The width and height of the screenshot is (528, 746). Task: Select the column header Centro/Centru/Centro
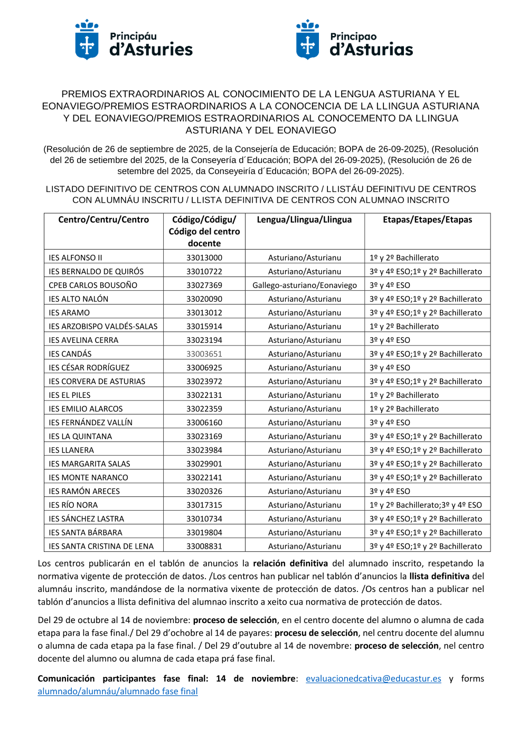103,219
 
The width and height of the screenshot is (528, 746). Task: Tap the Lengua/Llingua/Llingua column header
304,219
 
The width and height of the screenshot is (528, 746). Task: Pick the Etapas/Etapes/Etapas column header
427,219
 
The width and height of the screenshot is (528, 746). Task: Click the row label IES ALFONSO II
76,258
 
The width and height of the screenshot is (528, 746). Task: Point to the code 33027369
204,285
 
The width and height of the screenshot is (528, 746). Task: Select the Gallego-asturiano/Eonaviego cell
305,285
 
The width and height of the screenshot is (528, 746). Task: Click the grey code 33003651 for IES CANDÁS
204,354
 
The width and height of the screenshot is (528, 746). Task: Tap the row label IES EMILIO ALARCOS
86,409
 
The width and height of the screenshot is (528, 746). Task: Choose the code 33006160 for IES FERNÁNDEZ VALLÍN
204,423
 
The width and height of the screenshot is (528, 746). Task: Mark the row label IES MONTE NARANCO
88,477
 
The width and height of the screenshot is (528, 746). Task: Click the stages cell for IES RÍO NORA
426,505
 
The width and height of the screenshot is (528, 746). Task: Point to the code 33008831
204,546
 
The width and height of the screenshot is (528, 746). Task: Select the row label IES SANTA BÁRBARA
86,532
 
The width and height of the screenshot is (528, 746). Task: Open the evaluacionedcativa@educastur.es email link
373,678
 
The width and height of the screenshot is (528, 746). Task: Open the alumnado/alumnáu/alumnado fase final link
118,691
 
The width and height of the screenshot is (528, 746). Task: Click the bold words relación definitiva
290,563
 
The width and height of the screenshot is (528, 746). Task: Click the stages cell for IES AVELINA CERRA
390,340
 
